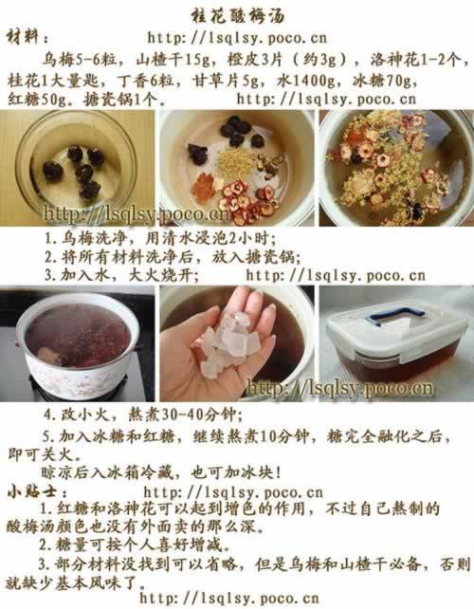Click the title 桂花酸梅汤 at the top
[238, 16]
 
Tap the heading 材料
[24, 37]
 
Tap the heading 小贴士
[32, 492]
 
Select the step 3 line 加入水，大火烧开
[122, 275]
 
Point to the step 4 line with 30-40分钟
[143, 415]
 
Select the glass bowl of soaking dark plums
[76, 166]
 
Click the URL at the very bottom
[229, 599]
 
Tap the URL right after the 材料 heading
[237, 38]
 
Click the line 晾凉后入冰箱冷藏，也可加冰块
[161, 472]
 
